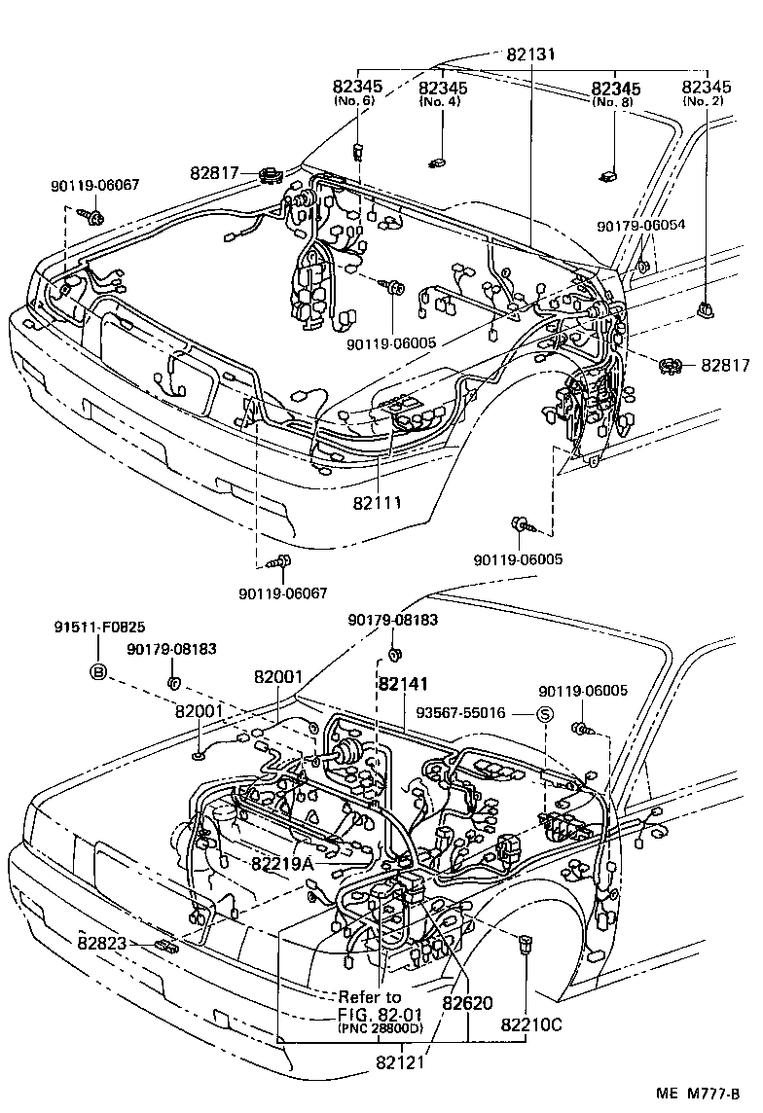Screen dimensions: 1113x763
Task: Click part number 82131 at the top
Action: point(530,54)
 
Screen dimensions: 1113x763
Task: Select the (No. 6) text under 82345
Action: point(358,101)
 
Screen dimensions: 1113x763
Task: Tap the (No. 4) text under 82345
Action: point(443,101)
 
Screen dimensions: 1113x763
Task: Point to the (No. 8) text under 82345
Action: point(616,101)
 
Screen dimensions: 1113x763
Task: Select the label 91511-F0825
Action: point(98,628)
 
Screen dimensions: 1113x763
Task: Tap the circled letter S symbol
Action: point(545,714)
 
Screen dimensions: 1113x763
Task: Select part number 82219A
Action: point(282,863)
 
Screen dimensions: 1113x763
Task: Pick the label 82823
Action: point(104,942)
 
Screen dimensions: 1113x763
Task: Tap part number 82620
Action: point(468,1002)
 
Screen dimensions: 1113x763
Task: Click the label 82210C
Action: point(530,1024)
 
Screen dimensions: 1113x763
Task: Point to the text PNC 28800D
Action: point(381,1028)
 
